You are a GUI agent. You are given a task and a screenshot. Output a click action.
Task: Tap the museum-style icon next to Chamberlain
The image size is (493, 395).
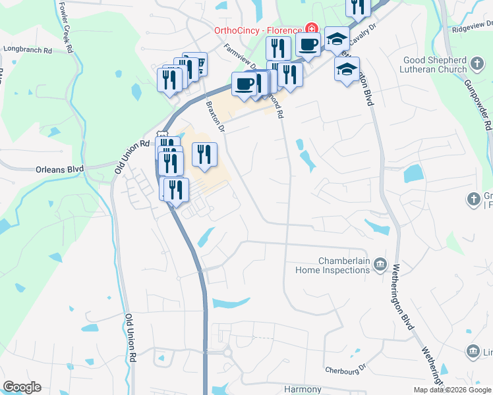click(380, 265)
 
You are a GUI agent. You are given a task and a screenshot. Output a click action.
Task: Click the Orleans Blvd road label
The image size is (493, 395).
click(59, 169)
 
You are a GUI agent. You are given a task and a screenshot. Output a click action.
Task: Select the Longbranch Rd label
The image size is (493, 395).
click(27, 49)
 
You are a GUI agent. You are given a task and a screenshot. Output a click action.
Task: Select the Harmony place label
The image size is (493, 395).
click(302, 389)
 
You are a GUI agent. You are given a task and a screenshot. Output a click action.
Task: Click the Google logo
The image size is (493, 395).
click(22, 387)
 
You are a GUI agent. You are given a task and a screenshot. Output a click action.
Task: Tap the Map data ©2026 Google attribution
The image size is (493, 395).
click(452, 390)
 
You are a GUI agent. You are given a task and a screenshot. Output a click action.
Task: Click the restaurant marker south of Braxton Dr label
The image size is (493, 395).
click(204, 155)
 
